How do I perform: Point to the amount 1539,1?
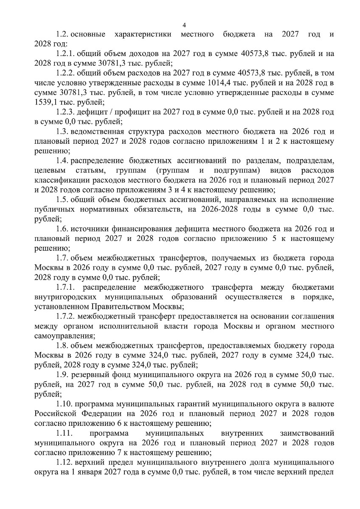tap(45, 102)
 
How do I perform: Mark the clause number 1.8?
tap(62, 346)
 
